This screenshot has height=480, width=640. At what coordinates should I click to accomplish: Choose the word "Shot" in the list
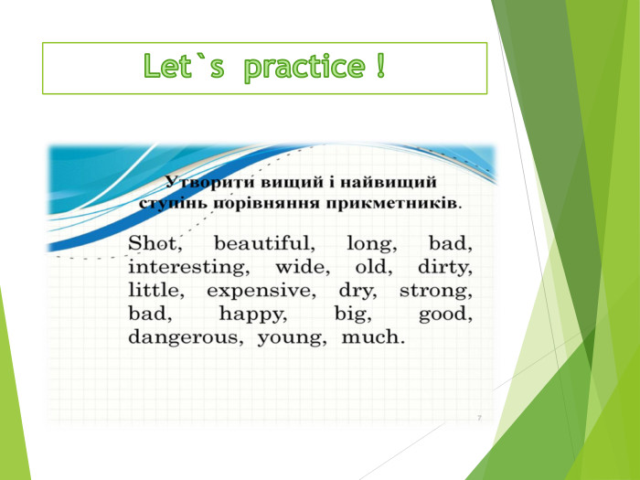click(x=156, y=244)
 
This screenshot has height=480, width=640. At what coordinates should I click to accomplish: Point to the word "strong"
click(x=436, y=292)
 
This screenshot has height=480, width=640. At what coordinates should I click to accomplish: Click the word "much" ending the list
click(x=371, y=337)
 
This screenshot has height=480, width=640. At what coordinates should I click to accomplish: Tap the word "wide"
click(x=298, y=268)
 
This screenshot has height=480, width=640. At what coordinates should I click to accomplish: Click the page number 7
click(x=479, y=417)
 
